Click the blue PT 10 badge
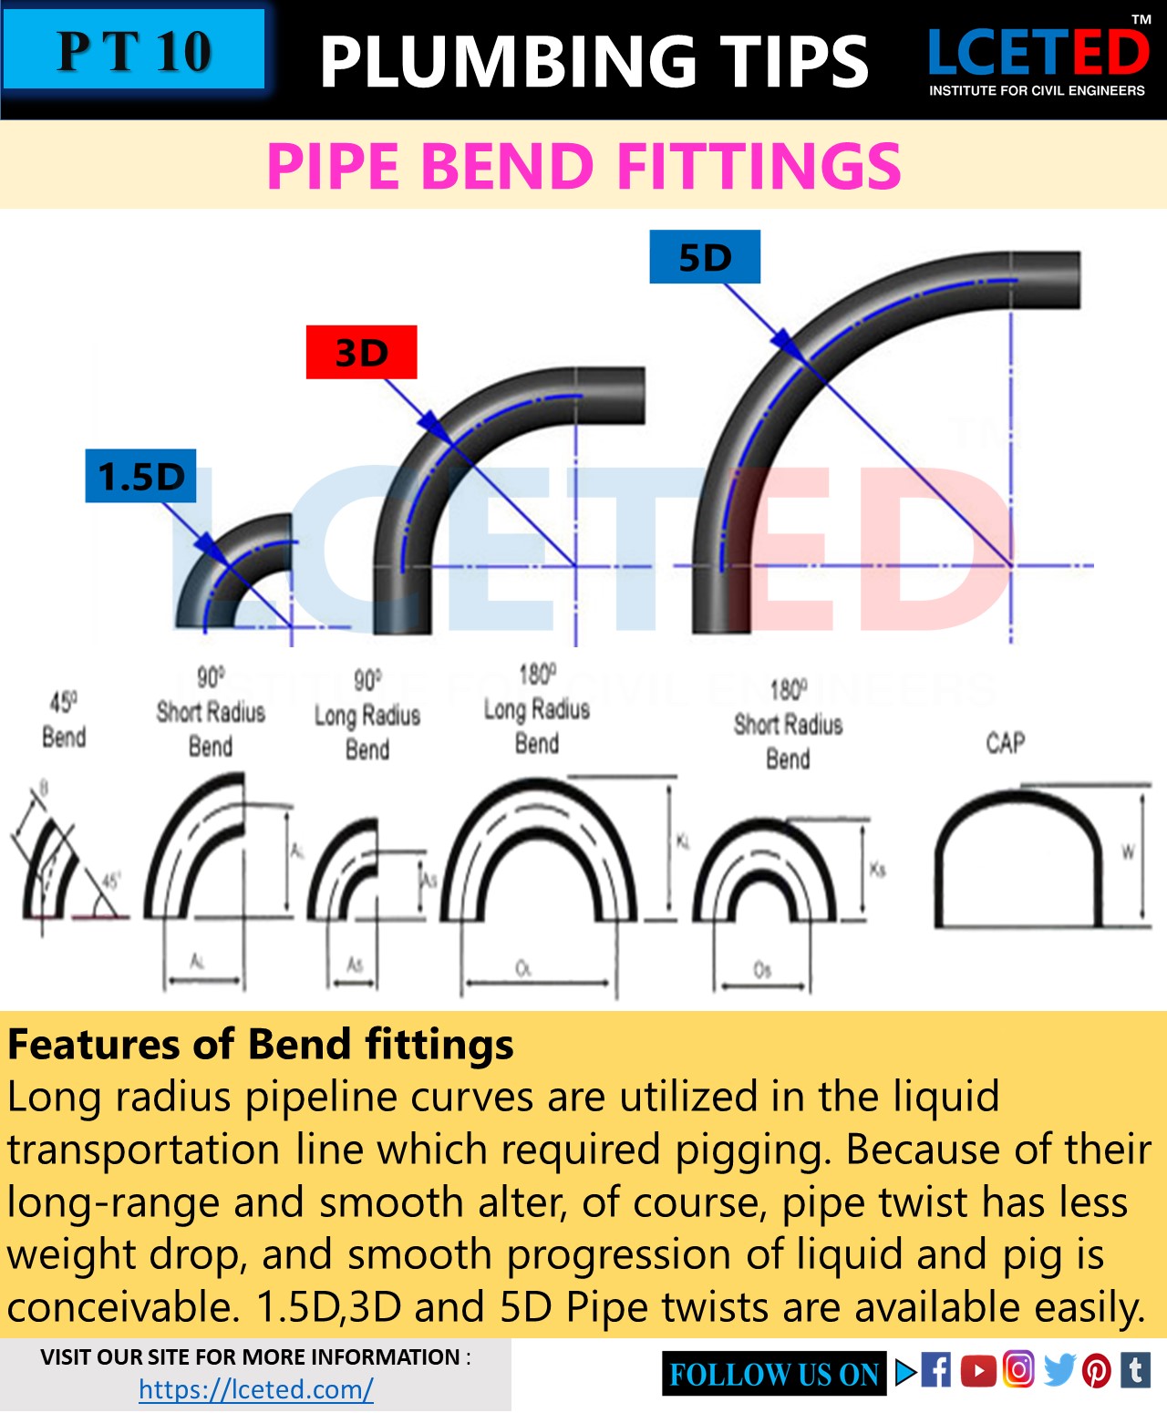coord(134,50)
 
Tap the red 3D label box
coord(361,352)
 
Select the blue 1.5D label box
coord(140,476)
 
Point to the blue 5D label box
coord(705,257)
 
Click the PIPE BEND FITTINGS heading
coord(583,166)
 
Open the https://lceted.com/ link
coord(256,1389)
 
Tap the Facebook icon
coord(936,1369)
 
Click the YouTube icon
coord(977,1370)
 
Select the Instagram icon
coord(1018,1369)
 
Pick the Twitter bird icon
coord(1059,1369)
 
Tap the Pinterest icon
coord(1097,1370)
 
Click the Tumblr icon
coord(1135,1369)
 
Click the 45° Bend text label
coord(64,720)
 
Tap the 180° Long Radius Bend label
coord(536,709)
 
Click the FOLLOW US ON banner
coord(774,1374)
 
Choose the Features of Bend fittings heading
coord(261,1045)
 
